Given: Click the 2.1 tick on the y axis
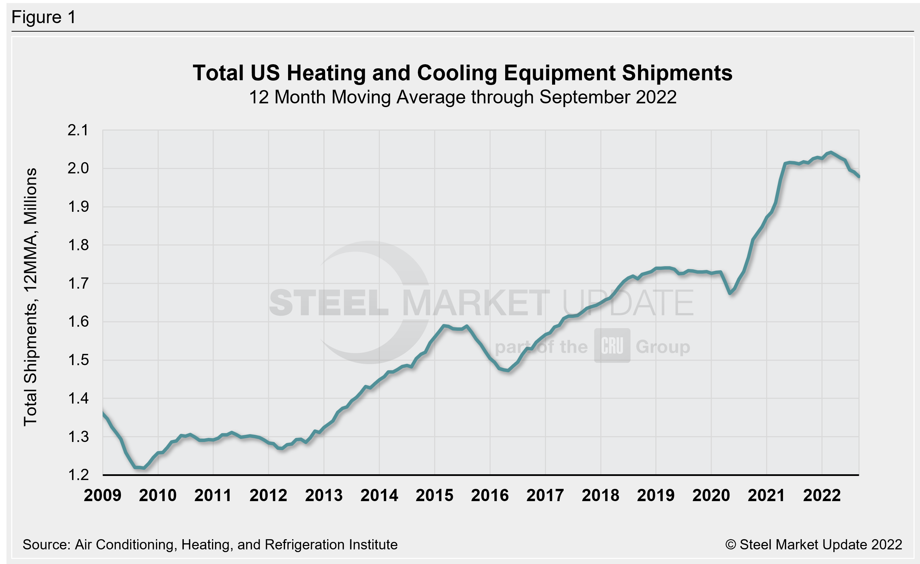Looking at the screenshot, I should [x=78, y=130].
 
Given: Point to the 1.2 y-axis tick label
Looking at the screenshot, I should [x=78, y=475].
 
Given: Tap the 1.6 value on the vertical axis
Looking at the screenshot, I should [x=78, y=322].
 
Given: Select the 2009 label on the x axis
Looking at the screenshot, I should [x=102, y=496].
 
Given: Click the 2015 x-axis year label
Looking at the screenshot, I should [x=434, y=496].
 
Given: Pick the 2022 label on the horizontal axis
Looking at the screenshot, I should [x=821, y=496].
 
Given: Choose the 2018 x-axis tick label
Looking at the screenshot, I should [x=600, y=496].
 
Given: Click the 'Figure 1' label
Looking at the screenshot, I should [x=44, y=17].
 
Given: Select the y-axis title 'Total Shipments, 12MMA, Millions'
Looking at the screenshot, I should [x=31, y=297].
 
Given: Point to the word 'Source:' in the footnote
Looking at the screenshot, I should [x=47, y=545].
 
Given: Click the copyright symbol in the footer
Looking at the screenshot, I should [x=730, y=545].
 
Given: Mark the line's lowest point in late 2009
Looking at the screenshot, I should [x=144, y=468].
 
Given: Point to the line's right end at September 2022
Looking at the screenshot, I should [x=859, y=177].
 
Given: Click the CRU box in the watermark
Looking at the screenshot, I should [x=612, y=345].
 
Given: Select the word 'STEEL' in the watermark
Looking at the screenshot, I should [x=329, y=303].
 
